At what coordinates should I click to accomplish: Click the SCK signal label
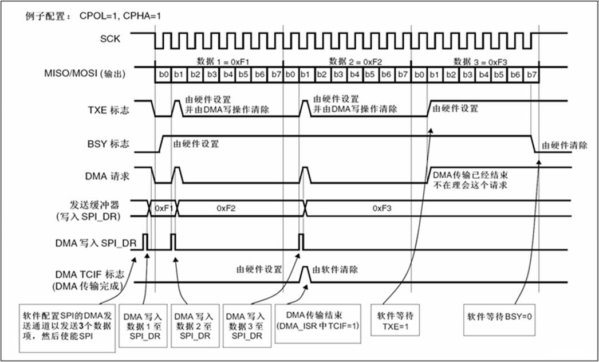(110, 38)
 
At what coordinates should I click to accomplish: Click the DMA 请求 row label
(107, 176)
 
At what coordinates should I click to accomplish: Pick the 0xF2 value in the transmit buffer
(226, 208)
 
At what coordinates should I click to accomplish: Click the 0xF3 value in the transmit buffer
(382, 208)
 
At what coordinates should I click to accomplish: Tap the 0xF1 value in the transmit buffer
(164, 208)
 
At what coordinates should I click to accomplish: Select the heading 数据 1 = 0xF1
(223, 62)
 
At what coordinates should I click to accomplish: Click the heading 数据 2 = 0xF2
(355, 62)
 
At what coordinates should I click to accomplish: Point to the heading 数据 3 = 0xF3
(480, 62)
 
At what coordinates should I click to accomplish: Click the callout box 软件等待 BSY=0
(499, 320)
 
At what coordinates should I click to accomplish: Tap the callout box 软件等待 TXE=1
(395, 320)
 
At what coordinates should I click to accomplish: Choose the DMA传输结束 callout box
(317, 324)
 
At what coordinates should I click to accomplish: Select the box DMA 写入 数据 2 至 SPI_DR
(195, 326)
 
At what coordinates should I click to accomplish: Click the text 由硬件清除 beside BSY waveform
(564, 145)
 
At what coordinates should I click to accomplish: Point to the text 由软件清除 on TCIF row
(335, 269)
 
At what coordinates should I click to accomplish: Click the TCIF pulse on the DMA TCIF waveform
(305, 274)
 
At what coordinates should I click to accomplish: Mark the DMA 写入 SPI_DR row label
(96, 243)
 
